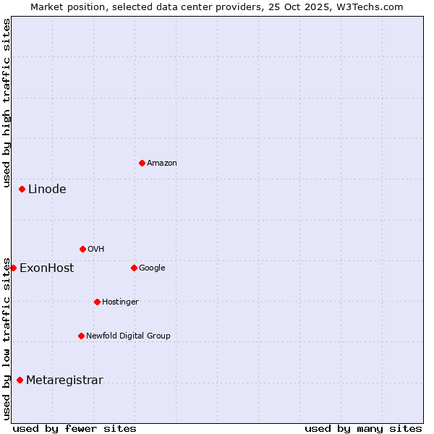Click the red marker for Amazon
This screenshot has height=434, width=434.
pos(142,163)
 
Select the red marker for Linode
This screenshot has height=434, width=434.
pos(22,189)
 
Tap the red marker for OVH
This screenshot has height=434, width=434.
pos(82,249)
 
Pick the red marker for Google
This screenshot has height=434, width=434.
pos(134,268)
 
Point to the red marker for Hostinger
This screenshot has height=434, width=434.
pos(97,302)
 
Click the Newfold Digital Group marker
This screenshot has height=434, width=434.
pos(81,336)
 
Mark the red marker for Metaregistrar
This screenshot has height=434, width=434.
pos(20,380)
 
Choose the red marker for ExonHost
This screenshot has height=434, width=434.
pos(13,268)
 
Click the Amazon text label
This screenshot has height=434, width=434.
pos(162,163)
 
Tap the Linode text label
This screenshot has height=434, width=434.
pos(47,190)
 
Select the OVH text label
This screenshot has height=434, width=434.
pos(96,250)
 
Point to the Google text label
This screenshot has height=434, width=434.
pos(152,268)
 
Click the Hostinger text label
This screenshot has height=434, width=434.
pos(120,302)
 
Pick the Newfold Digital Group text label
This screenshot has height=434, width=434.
pos(128,336)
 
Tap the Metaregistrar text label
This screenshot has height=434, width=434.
pos(64,380)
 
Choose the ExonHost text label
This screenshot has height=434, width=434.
pos(46,268)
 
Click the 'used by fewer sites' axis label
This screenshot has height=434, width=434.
pos(75,428)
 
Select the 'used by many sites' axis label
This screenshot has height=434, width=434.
pos(363,428)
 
